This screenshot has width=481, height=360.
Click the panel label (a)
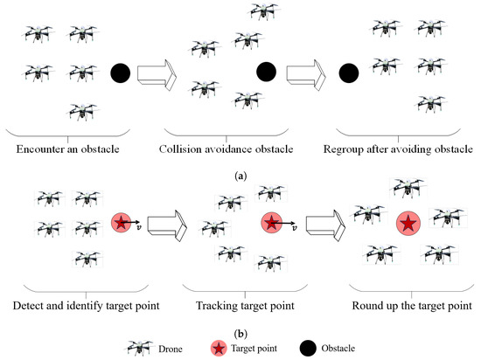pyautogui.click(x=240, y=175)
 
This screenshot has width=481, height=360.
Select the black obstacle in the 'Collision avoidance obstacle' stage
pyautogui.click(x=267, y=71)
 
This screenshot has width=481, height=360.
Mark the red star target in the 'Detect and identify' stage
pyautogui.click(x=121, y=223)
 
